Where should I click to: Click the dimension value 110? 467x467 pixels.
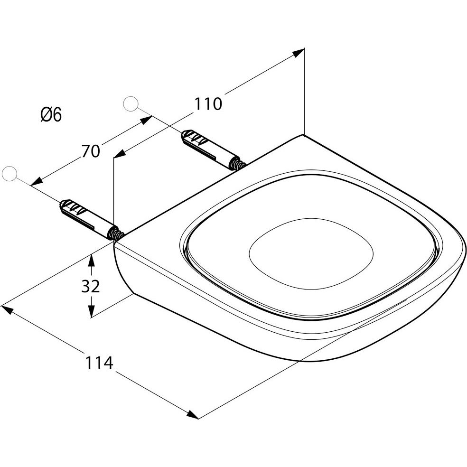[x=208, y=104]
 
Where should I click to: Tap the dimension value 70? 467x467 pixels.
[x=91, y=151]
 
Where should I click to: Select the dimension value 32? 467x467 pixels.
[x=91, y=286]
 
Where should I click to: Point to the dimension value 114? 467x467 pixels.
[x=99, y=363]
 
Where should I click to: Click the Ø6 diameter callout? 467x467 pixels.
[x=51, y=115]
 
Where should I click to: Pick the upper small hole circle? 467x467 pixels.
[x=131, y=104]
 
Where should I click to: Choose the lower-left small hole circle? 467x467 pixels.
[x=9, y=174]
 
